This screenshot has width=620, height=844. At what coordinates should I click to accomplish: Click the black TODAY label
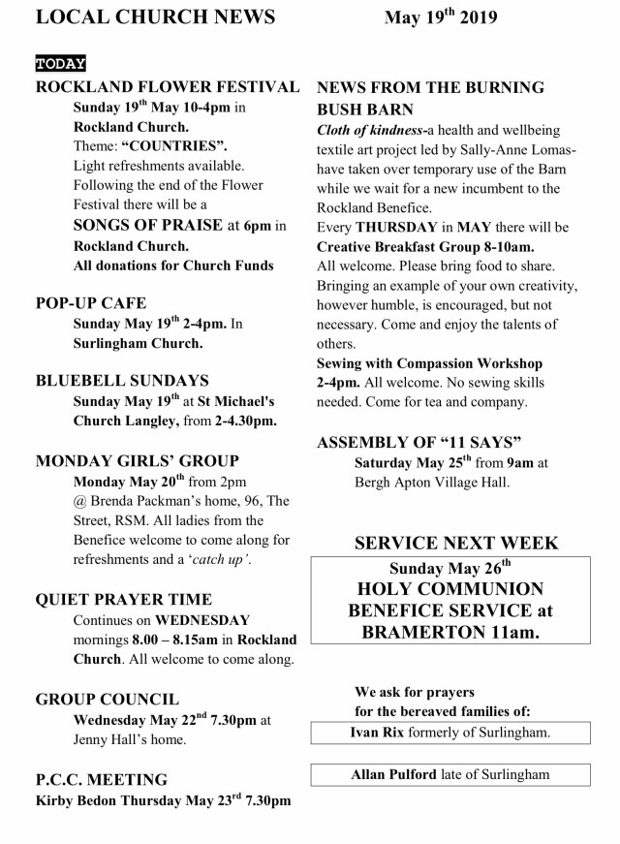coord(60,64)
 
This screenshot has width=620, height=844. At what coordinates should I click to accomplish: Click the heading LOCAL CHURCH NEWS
coord(154,17)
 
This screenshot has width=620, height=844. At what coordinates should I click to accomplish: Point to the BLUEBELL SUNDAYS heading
coord(122,381)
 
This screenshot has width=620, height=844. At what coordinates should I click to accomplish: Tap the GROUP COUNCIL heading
coord(107,699)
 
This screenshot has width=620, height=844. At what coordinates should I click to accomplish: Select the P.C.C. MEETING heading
coord(101,779)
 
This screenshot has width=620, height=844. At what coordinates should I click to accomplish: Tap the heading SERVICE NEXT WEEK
coord(456,543)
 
